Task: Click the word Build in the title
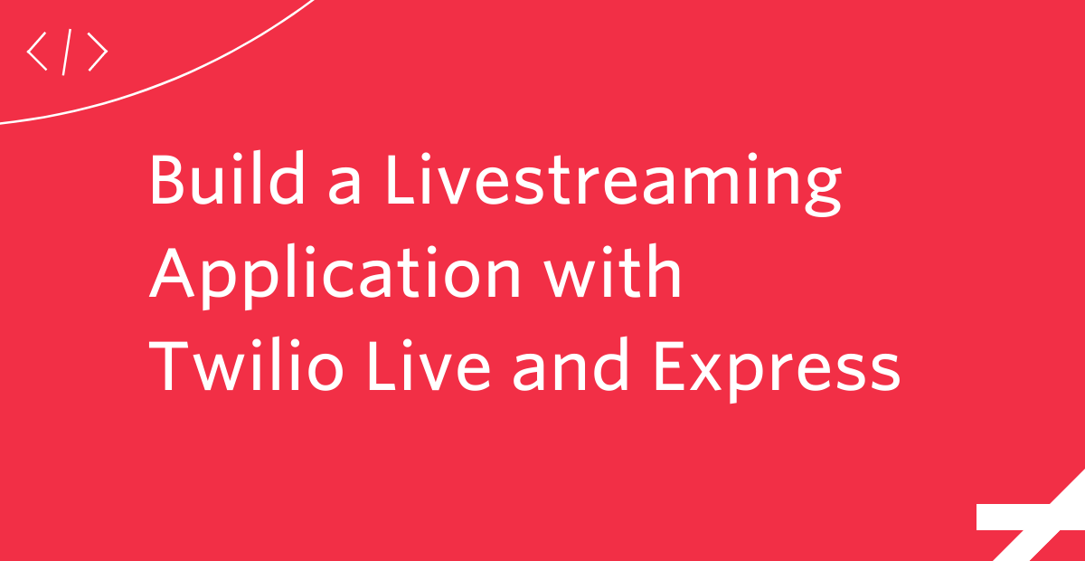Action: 227,178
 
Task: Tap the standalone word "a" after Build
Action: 344,185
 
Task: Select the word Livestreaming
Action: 613,183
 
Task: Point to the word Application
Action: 335,276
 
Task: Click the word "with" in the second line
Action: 613,271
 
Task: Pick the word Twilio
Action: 246,364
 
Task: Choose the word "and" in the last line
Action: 571,364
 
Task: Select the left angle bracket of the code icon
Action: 36,52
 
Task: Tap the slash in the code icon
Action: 67,52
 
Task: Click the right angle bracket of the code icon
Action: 98,52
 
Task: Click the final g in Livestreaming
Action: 823,192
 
